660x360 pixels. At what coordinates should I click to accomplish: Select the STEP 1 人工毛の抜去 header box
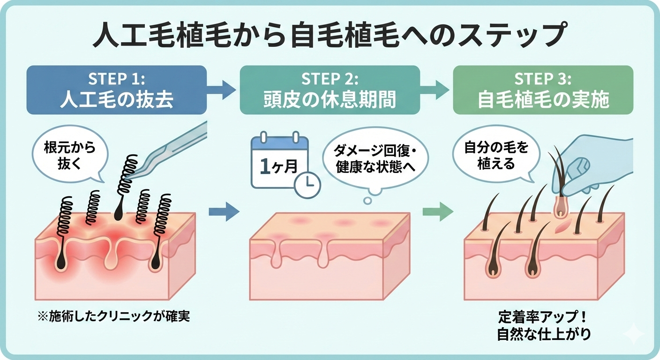[x=117, y=90]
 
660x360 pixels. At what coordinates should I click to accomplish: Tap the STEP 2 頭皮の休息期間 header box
[x=330, y=90]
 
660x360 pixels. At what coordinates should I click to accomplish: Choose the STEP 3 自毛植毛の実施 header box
[x=543, y=90]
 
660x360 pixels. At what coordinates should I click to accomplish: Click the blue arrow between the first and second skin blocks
[x=223, y=211]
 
